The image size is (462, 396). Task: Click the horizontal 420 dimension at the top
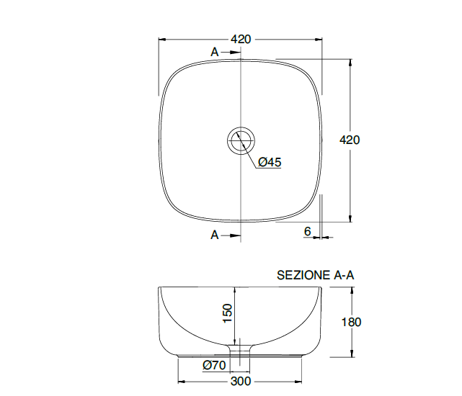coord(241,39)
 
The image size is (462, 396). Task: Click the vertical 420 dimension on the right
coord(350,140)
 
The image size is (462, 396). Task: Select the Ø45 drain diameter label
coord(270,162)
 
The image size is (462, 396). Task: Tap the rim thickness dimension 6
coord(307,231)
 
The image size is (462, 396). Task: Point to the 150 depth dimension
coord(228,313)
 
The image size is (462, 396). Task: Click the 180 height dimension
coord(351,322)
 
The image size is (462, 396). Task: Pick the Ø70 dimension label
coord(214,365)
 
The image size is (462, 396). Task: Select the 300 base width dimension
coord(241,382)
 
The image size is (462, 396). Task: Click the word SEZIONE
coord(303,275)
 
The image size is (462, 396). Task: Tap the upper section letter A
coord(215,52)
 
